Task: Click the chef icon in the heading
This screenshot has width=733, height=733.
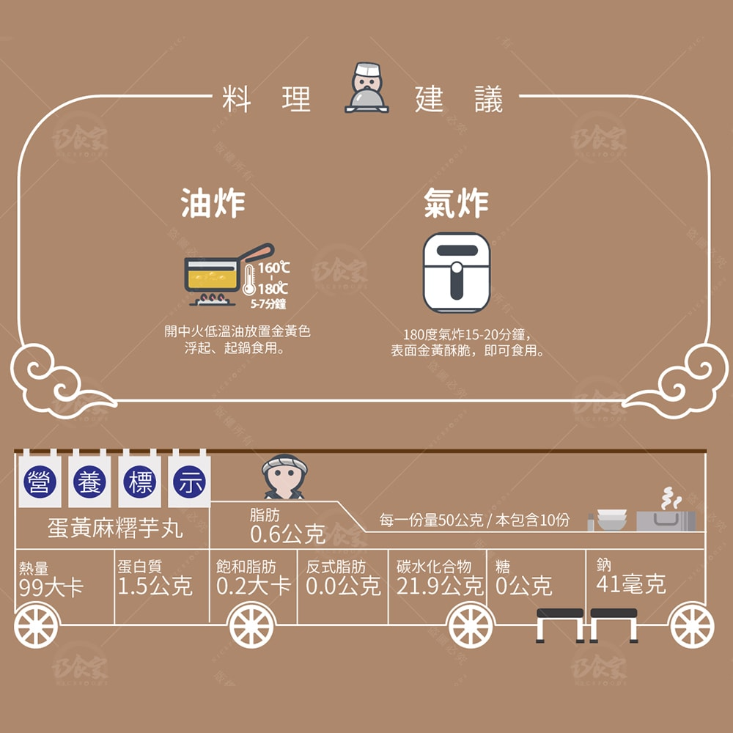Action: (366, 89)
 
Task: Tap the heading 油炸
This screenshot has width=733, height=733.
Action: (213, 203)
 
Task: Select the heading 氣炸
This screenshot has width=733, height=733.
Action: (455, 203)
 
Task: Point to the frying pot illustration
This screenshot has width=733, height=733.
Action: (216, 274)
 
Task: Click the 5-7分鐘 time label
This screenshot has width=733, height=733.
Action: (268, 304)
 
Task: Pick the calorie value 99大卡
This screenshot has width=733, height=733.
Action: (51, 587)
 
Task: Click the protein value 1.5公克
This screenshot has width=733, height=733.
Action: (155, 586)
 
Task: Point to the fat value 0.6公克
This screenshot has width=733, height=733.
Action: (287, 534)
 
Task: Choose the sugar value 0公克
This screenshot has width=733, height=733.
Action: (523, 586)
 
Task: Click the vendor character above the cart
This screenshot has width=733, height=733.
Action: (284, 477)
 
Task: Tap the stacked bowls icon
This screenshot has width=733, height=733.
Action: (611, 519)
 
